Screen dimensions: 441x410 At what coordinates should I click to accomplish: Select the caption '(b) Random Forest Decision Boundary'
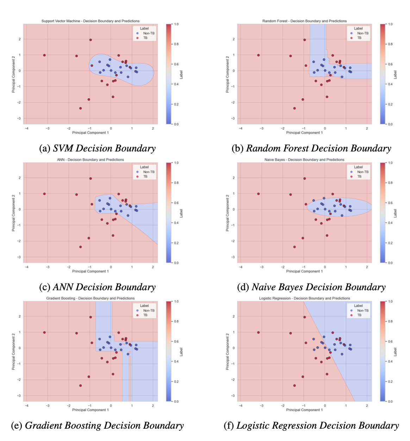[x=311, y=149]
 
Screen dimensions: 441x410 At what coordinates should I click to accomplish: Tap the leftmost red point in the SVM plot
[x=44, y=55]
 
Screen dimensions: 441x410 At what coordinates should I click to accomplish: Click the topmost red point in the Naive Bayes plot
[x=305, y=179]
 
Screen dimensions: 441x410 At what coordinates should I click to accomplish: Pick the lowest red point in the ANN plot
[x=80, y=247]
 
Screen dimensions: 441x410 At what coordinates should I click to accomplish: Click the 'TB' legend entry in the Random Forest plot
[x=359, y=38]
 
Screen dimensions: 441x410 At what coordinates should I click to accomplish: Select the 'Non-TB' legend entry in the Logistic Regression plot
[x=362, y=310]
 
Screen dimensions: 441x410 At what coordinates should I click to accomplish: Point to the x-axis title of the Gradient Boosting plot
[x=91, y=410]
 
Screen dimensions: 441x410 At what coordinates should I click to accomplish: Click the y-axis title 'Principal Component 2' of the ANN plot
[x=13, y=213]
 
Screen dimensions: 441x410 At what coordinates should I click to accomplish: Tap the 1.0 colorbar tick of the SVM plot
[x=176, y=24]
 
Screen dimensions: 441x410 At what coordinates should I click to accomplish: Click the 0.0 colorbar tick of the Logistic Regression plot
[x=390, y=402]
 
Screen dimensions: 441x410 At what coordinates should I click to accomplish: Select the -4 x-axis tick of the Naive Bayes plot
[x=241, y=267]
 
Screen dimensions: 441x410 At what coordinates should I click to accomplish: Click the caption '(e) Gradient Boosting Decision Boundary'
[x=98, y=426]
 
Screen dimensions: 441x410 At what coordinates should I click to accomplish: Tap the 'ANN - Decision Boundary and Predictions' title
[x=91, y=160]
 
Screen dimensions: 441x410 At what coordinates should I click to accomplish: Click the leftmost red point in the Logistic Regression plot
[x=259, y=333]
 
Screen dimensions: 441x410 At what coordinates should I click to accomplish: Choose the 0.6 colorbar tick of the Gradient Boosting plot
[x=176, y=341]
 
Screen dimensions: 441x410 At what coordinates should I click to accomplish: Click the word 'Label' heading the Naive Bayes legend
[x=358, y=167]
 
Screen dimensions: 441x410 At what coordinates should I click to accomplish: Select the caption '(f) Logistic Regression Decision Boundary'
[x=311, y=426]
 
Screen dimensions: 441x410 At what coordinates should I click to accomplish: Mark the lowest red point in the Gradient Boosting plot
[x=80, y=386]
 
